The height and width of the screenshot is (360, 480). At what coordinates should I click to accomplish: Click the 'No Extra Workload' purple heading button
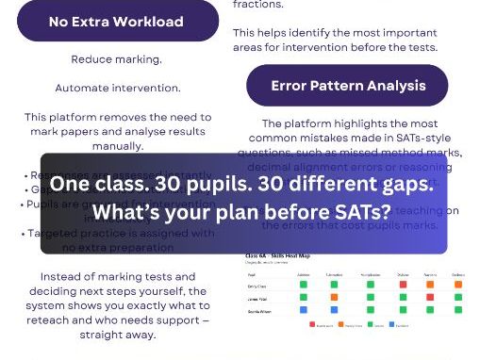(116, 21)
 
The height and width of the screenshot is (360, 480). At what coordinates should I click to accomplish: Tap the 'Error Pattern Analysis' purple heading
(348, 86)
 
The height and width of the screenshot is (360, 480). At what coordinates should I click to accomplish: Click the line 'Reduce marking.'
(116, 59)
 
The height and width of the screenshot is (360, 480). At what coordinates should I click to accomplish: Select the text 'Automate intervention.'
(117, 88)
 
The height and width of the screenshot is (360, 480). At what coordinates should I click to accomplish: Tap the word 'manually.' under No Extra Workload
(116, 146)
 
